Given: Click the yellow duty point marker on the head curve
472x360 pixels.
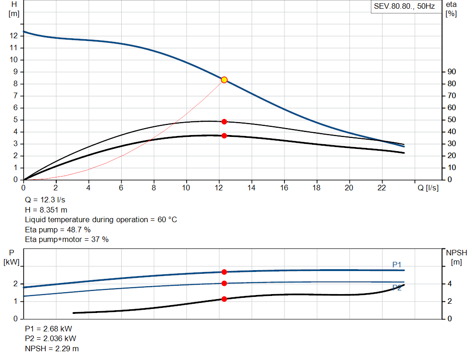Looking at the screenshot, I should pyautogui.click(x=224, y=80).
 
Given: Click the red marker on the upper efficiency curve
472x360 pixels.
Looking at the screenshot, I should pyautogui.click(x=224, y=122).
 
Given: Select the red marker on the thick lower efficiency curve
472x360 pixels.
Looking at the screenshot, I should pyautogui.click(x=224, y=136).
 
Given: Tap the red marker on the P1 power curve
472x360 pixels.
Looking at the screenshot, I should pyautogui.click(x=224, y=272).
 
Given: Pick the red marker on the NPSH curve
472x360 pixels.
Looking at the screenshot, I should pyautogui.click(x=224, y=299).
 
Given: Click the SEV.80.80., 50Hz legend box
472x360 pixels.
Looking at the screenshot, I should pyautogui.click(x=404, y=7).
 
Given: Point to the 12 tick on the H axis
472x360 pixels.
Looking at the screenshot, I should pyautogui.click(x=13, y=35).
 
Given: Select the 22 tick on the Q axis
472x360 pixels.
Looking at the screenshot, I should pyautogui.click(x=382, y=188).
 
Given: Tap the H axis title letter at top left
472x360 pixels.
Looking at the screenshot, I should pyautogui.click(x=14, y=4).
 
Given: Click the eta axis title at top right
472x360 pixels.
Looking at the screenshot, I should pyautogui.click(x=451, y=4).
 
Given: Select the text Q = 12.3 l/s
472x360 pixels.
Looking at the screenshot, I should pyautogui.click(x=45, y=201).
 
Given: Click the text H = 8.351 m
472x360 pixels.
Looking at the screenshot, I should pyautogui.click(x=46, y=210).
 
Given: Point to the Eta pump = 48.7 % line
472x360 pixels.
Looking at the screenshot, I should pyautogui.click(x=58, y=230).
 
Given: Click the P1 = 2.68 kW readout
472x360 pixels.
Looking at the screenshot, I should pyautogui.click(x=48, y=329).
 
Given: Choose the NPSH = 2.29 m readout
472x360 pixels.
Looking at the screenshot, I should pyautogui.click(x=52, y=348).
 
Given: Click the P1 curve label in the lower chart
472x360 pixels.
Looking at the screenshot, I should pyautogui.click(x=397, y=264).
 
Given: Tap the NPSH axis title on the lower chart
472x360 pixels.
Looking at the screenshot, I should pyautogui.click(x=456, y=252).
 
